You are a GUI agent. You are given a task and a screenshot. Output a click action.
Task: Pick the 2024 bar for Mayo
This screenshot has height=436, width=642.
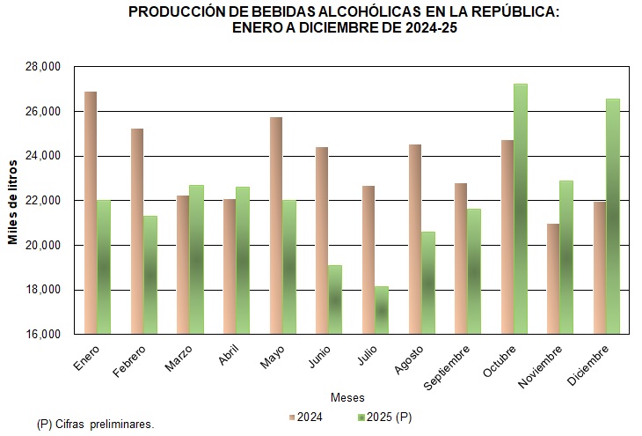coord(275,225)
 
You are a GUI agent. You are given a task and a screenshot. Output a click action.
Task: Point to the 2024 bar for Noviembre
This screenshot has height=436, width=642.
coord(552,278)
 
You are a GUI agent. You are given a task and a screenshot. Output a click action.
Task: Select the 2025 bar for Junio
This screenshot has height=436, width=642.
coord(335,299)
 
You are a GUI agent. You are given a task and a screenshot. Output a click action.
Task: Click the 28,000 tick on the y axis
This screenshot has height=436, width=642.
coord(41,67)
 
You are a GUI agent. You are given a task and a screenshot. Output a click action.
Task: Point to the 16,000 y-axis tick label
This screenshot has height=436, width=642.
coord(41,335)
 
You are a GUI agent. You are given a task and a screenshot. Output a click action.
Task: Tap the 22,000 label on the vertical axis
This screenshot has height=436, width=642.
coord(41,201)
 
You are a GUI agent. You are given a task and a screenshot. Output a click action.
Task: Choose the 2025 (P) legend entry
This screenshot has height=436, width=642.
coord(388,416)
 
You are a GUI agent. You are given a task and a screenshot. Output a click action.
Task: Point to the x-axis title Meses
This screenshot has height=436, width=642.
coord(347,397)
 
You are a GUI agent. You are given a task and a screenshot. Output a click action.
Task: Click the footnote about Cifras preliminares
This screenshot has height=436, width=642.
coord(96,424)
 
